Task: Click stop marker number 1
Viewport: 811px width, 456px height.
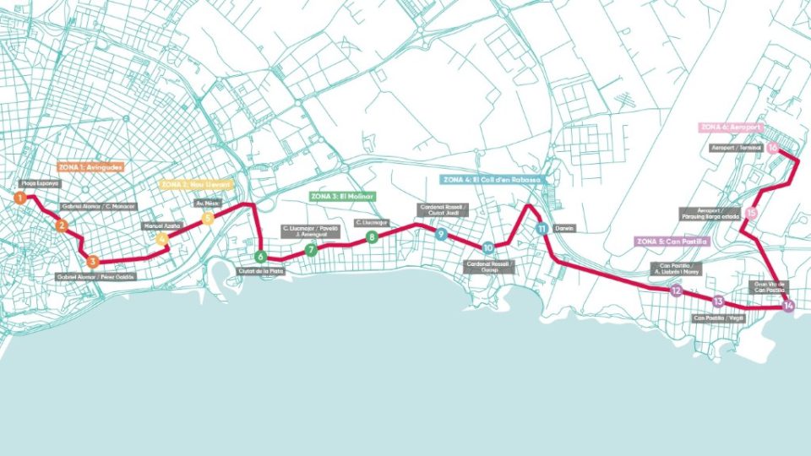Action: click(19, 198)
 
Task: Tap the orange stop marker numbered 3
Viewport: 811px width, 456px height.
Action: click(93, 262)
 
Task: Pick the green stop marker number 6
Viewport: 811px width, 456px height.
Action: click(260, 257)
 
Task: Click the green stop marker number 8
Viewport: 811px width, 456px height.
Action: click(372, 237)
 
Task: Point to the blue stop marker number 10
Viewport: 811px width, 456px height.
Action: click(488, 248)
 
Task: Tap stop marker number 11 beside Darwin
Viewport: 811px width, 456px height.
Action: click(541, 229)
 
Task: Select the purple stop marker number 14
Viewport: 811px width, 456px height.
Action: click(788, 306)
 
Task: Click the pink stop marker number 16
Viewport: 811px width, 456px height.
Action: click(773, 148)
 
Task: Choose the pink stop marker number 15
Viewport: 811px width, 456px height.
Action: click(751, 214)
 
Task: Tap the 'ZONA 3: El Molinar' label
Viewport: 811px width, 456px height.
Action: click(342, 196)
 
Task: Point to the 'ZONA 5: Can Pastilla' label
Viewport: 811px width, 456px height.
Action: click(671, 242)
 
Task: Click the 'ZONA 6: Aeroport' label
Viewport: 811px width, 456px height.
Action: click(732, 128)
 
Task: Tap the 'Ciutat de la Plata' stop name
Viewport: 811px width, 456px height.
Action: click(260, 271)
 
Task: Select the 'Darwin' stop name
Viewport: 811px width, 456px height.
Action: click(565, 228)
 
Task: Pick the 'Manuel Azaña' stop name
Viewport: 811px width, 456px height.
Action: click(162, 225)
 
